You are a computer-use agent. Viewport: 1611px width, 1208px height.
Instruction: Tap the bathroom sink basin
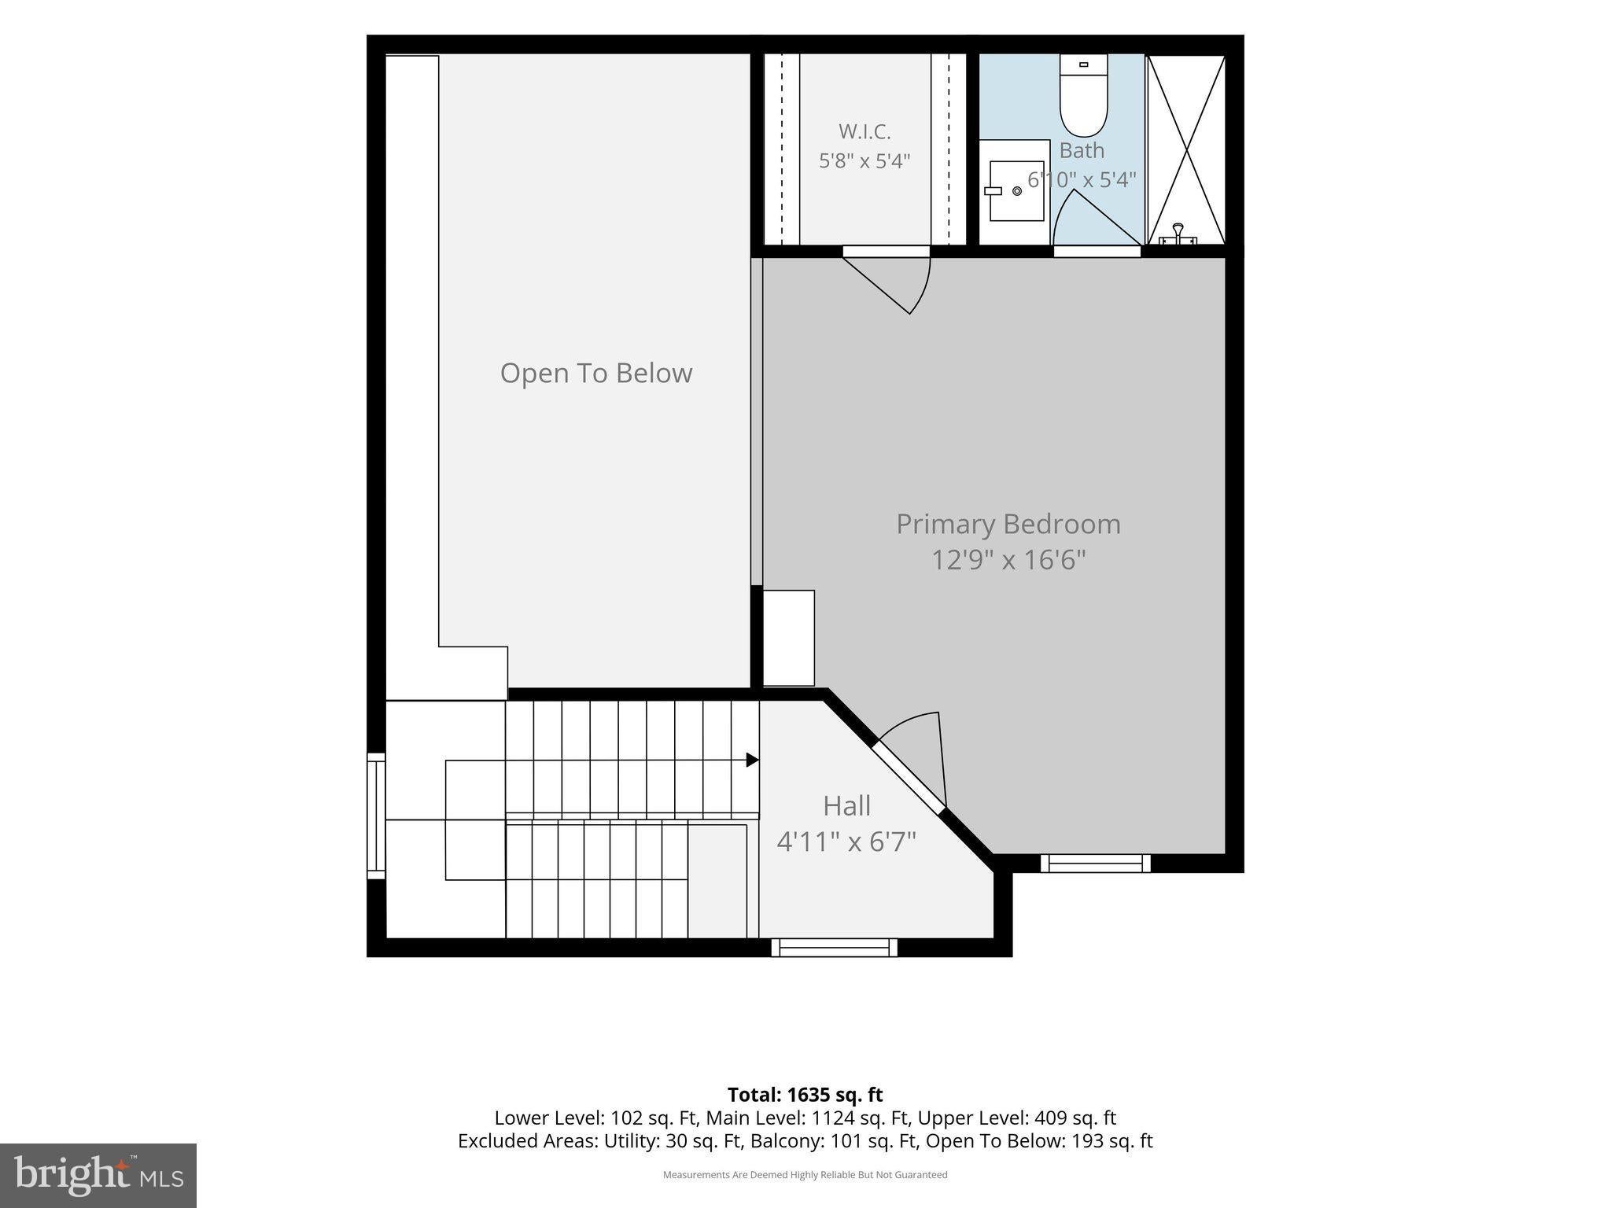[1016, 191]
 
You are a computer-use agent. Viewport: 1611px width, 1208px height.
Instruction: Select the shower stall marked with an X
[1186, 149]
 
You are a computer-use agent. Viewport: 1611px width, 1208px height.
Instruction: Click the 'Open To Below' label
[596, 373]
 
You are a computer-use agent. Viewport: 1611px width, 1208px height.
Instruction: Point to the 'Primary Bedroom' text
[1008, 524]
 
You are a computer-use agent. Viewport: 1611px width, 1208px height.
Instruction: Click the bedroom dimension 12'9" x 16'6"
[1008, 560]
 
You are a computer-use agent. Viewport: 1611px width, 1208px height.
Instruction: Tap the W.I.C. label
[864, 131]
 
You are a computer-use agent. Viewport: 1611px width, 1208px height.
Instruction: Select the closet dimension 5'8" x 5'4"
[864, 161]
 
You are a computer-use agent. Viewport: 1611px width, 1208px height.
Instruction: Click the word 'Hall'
[846, 806]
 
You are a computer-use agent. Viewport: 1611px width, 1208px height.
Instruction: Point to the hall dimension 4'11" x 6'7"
[846, 842]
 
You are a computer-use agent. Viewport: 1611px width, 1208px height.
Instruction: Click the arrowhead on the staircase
[752, 761]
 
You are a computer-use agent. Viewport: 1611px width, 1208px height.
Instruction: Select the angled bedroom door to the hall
[908, 775]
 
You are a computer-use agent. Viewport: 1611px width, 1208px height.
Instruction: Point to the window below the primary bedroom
[1096, 864]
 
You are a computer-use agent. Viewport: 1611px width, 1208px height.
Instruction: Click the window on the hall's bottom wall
[835, 948]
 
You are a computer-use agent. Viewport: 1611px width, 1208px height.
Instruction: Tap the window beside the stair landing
[377, 816]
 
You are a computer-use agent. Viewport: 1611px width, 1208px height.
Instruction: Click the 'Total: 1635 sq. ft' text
[805, 1095]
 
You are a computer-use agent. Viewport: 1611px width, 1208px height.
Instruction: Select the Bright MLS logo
[98, 1176]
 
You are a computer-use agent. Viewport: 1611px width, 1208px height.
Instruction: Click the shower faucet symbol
[1178, 234]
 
